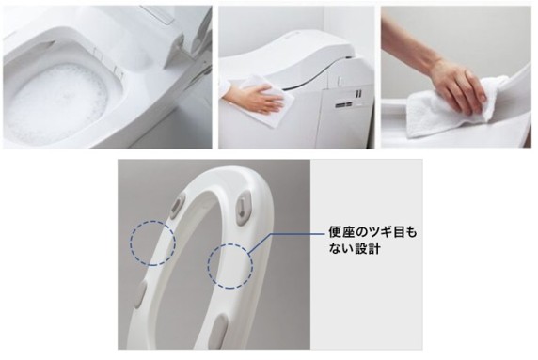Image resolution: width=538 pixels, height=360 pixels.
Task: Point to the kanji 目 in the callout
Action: [400, 233]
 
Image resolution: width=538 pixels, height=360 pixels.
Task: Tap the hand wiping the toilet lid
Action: [261, 98]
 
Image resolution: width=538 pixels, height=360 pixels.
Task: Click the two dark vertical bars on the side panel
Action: [358, 93]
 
